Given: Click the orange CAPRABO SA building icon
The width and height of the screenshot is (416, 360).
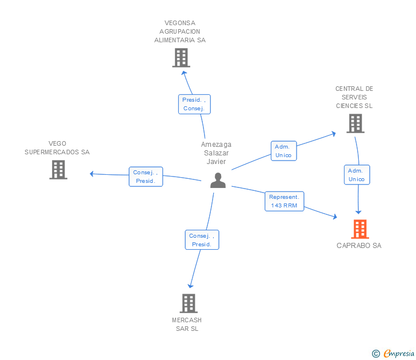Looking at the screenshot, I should (x=359, y=229).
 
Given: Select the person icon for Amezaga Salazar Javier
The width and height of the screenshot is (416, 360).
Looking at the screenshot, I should (x=218, y=180).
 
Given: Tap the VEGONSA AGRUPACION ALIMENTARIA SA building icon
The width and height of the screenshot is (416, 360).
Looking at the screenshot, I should (x=181, y=58).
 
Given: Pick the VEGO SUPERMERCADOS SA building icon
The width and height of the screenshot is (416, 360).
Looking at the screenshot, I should (x=58, y=170).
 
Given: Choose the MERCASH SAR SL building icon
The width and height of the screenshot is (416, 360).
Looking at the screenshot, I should (x=188, y=303).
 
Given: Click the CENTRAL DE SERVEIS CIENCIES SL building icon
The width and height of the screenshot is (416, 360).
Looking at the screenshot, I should (x=355, y=123).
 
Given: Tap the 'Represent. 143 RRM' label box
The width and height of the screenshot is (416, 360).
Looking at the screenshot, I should (x=285, y=201).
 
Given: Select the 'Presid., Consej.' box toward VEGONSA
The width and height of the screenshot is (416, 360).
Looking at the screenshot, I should (x=194, y=104).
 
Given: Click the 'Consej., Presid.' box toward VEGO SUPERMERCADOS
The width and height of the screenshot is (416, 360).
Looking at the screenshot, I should (x=146, y=177).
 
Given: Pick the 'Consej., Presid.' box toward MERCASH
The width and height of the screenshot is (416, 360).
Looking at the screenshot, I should (x=202, y=240).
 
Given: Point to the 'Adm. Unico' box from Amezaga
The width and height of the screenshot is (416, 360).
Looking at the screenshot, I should (x=283, y=151).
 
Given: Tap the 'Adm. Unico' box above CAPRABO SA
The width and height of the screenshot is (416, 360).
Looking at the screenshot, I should (x=357, y=175).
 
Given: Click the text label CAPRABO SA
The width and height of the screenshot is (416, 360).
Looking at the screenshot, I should (x=359, y=246).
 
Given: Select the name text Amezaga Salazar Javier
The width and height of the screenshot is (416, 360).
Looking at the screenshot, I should (x=216, y=153).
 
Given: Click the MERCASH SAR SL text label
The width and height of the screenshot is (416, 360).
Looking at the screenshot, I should (x=187, y=324).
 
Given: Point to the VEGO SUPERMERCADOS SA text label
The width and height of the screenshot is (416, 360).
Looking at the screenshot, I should (x=57, y=148).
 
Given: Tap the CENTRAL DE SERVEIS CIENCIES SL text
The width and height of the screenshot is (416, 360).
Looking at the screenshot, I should (x=354, y=97).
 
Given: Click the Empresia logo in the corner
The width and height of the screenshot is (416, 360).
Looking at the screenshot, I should (x=399, y=353).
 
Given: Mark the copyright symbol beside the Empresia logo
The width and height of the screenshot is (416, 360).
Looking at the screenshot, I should (x=376, y=354).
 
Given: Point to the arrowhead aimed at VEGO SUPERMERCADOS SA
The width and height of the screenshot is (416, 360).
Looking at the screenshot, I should (x=92, y=173).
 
